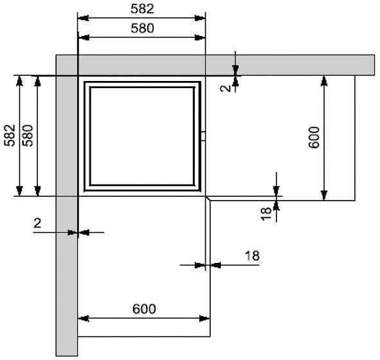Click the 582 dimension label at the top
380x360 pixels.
click(142, 9)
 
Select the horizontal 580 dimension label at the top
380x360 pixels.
click(142, 28)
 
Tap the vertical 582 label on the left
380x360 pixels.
click(10, 136)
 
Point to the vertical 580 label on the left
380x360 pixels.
click(28, 136)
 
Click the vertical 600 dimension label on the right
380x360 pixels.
click(314, 138)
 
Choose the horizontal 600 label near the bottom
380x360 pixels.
click(144, 309)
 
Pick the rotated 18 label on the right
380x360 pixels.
click(266, 213)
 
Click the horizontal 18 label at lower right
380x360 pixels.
click(252, 256)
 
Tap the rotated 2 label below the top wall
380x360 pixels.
click(226, 88)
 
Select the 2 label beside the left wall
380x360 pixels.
click(37, 223)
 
